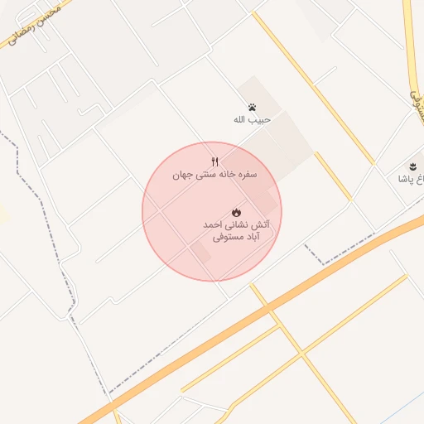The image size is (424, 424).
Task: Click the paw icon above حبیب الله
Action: (252, 107)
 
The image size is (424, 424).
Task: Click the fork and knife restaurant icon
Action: (215, 161)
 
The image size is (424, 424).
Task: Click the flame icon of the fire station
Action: (236, 212)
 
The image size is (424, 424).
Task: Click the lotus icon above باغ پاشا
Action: (412, 166)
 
